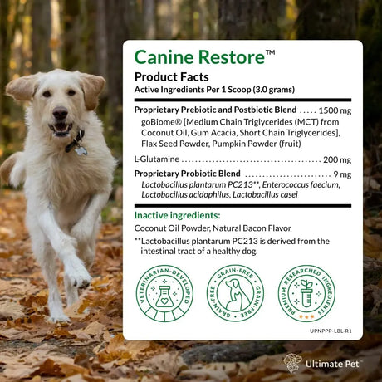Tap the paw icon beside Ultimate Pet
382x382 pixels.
(292, 363)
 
